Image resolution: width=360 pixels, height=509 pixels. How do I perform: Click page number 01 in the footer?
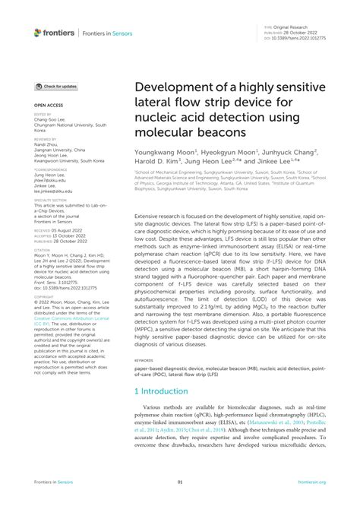coord(180,482)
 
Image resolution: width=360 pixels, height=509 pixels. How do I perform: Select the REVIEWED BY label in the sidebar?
coord(46,140)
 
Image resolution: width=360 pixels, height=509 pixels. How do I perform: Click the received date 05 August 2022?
coord(70,229)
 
